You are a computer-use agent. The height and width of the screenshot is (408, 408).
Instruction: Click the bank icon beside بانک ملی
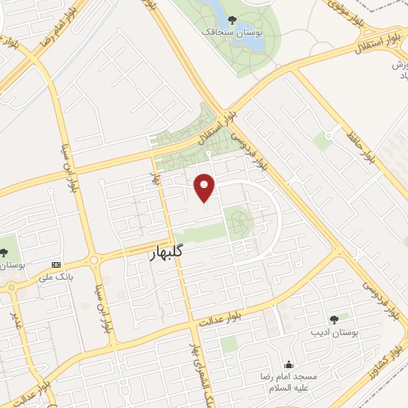point(55,265)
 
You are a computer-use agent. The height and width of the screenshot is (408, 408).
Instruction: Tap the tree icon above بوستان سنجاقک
point(232,20)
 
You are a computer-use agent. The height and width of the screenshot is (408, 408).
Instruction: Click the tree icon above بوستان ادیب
point(333,319)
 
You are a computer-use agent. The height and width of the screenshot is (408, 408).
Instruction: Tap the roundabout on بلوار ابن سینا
point(94,260)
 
